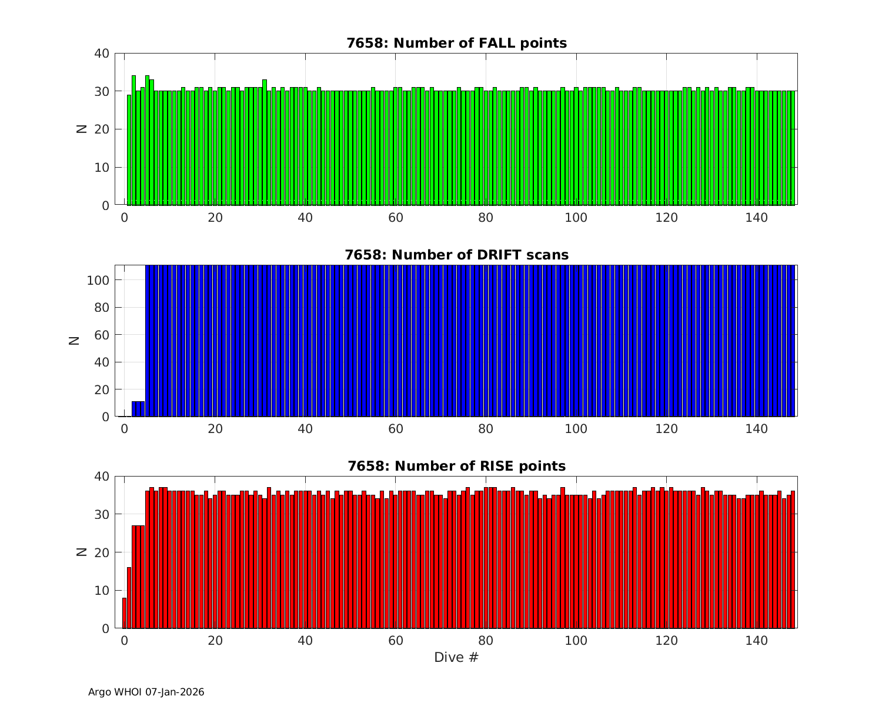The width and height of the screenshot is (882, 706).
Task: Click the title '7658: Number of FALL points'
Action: (x=456, y=43)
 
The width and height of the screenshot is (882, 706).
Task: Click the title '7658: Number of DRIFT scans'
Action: (x=456, y=255)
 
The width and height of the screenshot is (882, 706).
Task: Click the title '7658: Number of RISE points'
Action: (x=456, y=466)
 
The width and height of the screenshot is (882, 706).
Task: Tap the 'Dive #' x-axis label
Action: (x=456, y=657)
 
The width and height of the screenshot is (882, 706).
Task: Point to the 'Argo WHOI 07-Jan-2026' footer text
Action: (x=146, y=692)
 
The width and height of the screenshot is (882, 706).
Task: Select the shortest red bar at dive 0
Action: (x=125, y=613)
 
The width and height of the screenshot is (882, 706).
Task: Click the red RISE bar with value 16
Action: (x=129, y=598)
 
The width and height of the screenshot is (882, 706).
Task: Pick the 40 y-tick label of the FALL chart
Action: (x=102, y=54)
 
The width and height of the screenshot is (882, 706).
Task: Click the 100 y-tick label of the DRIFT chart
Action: (x=98, y=281)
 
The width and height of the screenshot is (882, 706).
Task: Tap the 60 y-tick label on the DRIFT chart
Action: (x=102, y=335)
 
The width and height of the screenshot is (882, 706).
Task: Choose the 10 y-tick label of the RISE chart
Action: (x=102, y=591)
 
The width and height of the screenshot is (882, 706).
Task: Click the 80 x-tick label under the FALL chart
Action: (x=486, y=218)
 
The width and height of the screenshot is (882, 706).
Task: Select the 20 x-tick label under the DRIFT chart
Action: (x=215, y=429)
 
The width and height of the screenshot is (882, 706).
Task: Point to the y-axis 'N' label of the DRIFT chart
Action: (x=75, y=340)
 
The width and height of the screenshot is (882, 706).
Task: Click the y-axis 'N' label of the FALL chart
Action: (x=82, y=129)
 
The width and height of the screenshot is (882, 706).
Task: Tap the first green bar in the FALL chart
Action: (x=129, y=150)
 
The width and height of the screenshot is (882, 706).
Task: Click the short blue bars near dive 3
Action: (x=138, y=409)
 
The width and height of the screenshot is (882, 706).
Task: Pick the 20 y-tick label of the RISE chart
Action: (x=102, y=552)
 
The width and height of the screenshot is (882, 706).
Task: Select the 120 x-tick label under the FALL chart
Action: (x=666, y=218)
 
